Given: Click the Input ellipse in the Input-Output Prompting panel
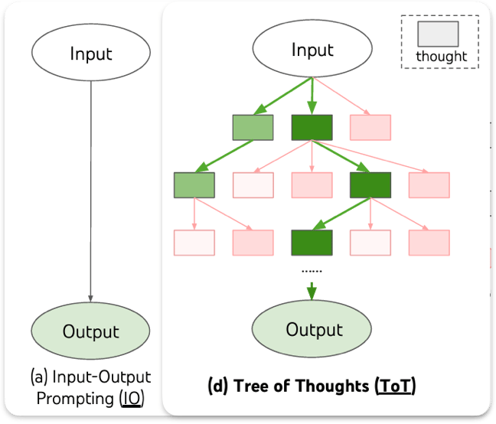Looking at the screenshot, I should tap(91, 54).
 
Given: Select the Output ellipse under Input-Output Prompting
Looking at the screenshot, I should tap(91, 331).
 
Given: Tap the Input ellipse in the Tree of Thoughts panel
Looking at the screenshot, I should tap(312, 51).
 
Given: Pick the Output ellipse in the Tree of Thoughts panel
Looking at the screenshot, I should tap(312, 330).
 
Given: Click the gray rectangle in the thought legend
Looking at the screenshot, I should tap(438, 34).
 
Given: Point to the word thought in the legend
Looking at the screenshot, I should tap(441, 56).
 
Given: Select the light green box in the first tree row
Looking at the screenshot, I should tap(253, 127).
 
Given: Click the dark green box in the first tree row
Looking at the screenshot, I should tap(312, 127).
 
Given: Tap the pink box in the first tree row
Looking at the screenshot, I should tap(370, 127).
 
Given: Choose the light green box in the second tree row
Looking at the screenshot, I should tap(194, 184).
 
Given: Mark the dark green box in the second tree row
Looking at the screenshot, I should tap(370, 184).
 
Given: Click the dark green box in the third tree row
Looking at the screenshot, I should tap(312, 242).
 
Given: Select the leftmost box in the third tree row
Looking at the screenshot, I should tap(194, 242).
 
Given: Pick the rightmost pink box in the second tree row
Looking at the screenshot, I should tap(429, 184).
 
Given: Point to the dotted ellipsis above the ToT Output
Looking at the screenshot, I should tap(312, 270).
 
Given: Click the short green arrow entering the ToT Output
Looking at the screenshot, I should tap(312, 291).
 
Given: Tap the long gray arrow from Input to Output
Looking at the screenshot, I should tap(91, 191).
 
